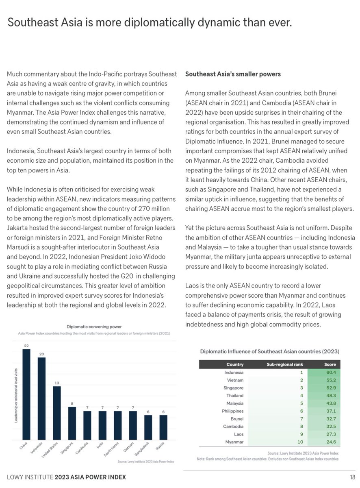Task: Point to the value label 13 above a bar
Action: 57,383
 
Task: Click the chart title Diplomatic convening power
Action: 94,326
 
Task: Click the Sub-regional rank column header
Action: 285,364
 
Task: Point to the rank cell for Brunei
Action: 301,419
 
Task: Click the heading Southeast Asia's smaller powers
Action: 233,74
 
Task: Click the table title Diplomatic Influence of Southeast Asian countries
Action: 269,351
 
